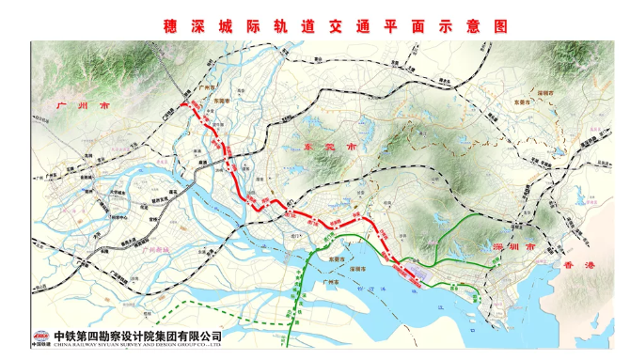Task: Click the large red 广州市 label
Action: pyautogui.click(x=84, y=108)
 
